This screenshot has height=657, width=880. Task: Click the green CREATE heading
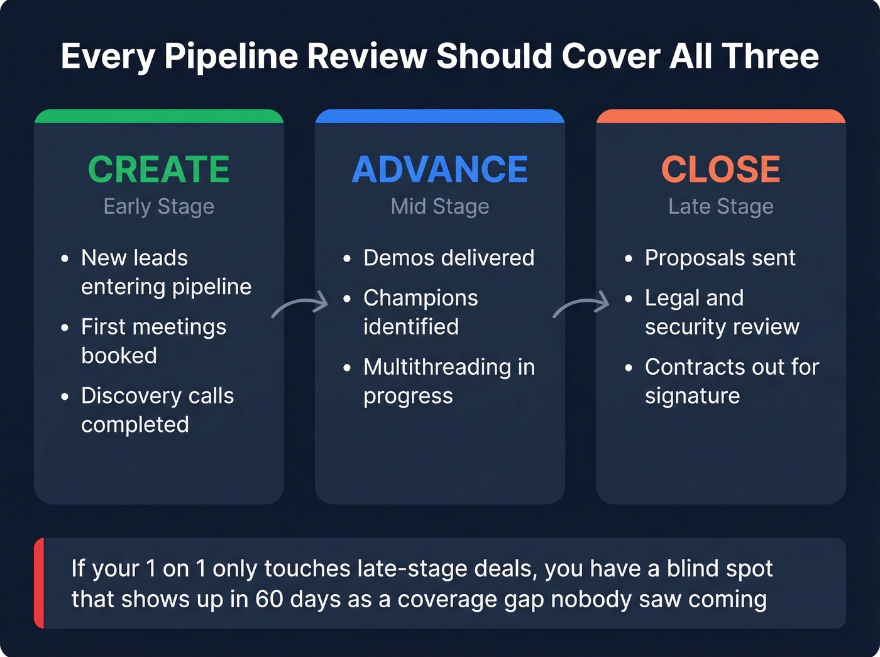coord(159,169)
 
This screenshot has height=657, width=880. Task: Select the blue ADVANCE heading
coord(440,169)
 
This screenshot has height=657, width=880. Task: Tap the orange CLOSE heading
coord(721,169)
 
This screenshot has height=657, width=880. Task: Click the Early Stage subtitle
coord(159,206)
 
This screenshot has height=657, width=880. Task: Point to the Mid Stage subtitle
coord(440,206)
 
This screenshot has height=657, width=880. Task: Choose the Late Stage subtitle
coord(721,206)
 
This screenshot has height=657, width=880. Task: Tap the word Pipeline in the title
coord(231,57)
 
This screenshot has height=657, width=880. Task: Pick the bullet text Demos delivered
coord(449,258)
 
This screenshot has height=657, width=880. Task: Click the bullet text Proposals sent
coord(720,258)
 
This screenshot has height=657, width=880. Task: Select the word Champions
coord(421,298)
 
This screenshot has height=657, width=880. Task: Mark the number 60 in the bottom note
coord(269,599)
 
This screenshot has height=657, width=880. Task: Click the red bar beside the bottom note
coord(39,583)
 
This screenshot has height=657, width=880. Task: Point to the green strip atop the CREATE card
coord(159,116)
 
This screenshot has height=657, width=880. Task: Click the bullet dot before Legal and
coord(628,299)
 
